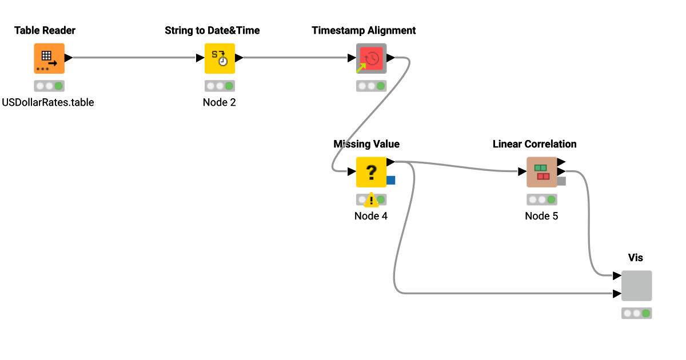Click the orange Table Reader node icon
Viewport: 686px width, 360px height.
point(49,58)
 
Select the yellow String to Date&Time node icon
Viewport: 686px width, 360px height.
point(220,58)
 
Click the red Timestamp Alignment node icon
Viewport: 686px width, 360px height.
point(371,58)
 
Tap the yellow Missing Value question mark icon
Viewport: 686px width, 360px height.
point(371,172)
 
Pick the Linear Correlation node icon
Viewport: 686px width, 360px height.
point(541,172)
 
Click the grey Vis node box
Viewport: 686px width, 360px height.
point(636,286)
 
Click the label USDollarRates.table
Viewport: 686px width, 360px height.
point(48,103)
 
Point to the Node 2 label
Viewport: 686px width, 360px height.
point(220,103)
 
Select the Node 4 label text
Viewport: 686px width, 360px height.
point(371,216)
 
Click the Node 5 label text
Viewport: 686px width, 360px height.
point(541,216)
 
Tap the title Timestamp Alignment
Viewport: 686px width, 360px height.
point(364,30)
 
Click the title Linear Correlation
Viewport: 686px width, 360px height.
point(535,144)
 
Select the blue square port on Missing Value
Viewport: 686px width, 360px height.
point(391,181)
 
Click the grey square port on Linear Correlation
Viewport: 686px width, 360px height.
point(561,181)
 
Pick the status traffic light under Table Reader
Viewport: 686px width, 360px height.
point(49,86)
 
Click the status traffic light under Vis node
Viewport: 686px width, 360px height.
point(636,313)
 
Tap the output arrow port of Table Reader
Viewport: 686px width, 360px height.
point(68,58)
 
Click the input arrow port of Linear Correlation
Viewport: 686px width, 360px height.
point(522,171)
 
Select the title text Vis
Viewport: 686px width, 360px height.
point(636,258)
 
